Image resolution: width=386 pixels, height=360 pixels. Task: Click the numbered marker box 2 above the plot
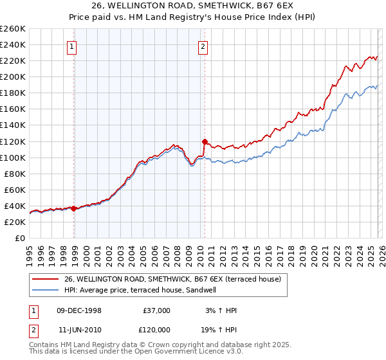click(203, 46)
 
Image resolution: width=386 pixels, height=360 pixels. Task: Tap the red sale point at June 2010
click(205, 141)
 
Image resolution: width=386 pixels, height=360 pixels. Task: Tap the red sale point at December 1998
click(74, 208)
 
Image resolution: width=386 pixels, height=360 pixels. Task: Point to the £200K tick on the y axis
click(14, 76)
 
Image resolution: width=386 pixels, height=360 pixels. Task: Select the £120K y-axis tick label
click(14, 141)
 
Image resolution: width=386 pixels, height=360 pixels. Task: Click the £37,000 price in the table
click(156, 310)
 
